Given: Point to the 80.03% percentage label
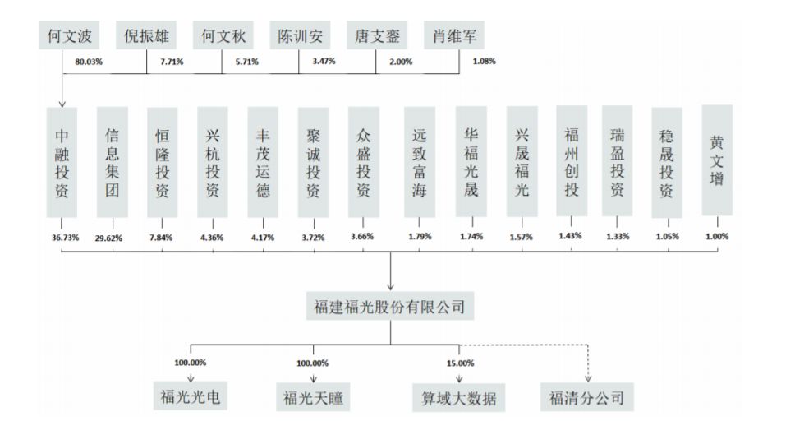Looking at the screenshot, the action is coord(88,62).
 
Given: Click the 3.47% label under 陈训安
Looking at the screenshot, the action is coord(324,62).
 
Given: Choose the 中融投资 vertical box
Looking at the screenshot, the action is coord(62,161).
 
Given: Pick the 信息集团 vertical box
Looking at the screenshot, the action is coord(113,161).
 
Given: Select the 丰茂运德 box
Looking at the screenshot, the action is coord(264,161).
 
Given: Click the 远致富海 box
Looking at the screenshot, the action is coord(420,163).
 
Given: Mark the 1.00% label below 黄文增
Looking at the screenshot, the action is coord(717,236).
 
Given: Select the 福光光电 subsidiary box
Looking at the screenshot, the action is coord(191,398).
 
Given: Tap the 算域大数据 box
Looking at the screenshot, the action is coord(458,398).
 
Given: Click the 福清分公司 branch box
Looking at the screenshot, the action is coord(586,398).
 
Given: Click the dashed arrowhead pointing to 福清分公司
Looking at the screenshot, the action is coord(586,378).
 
